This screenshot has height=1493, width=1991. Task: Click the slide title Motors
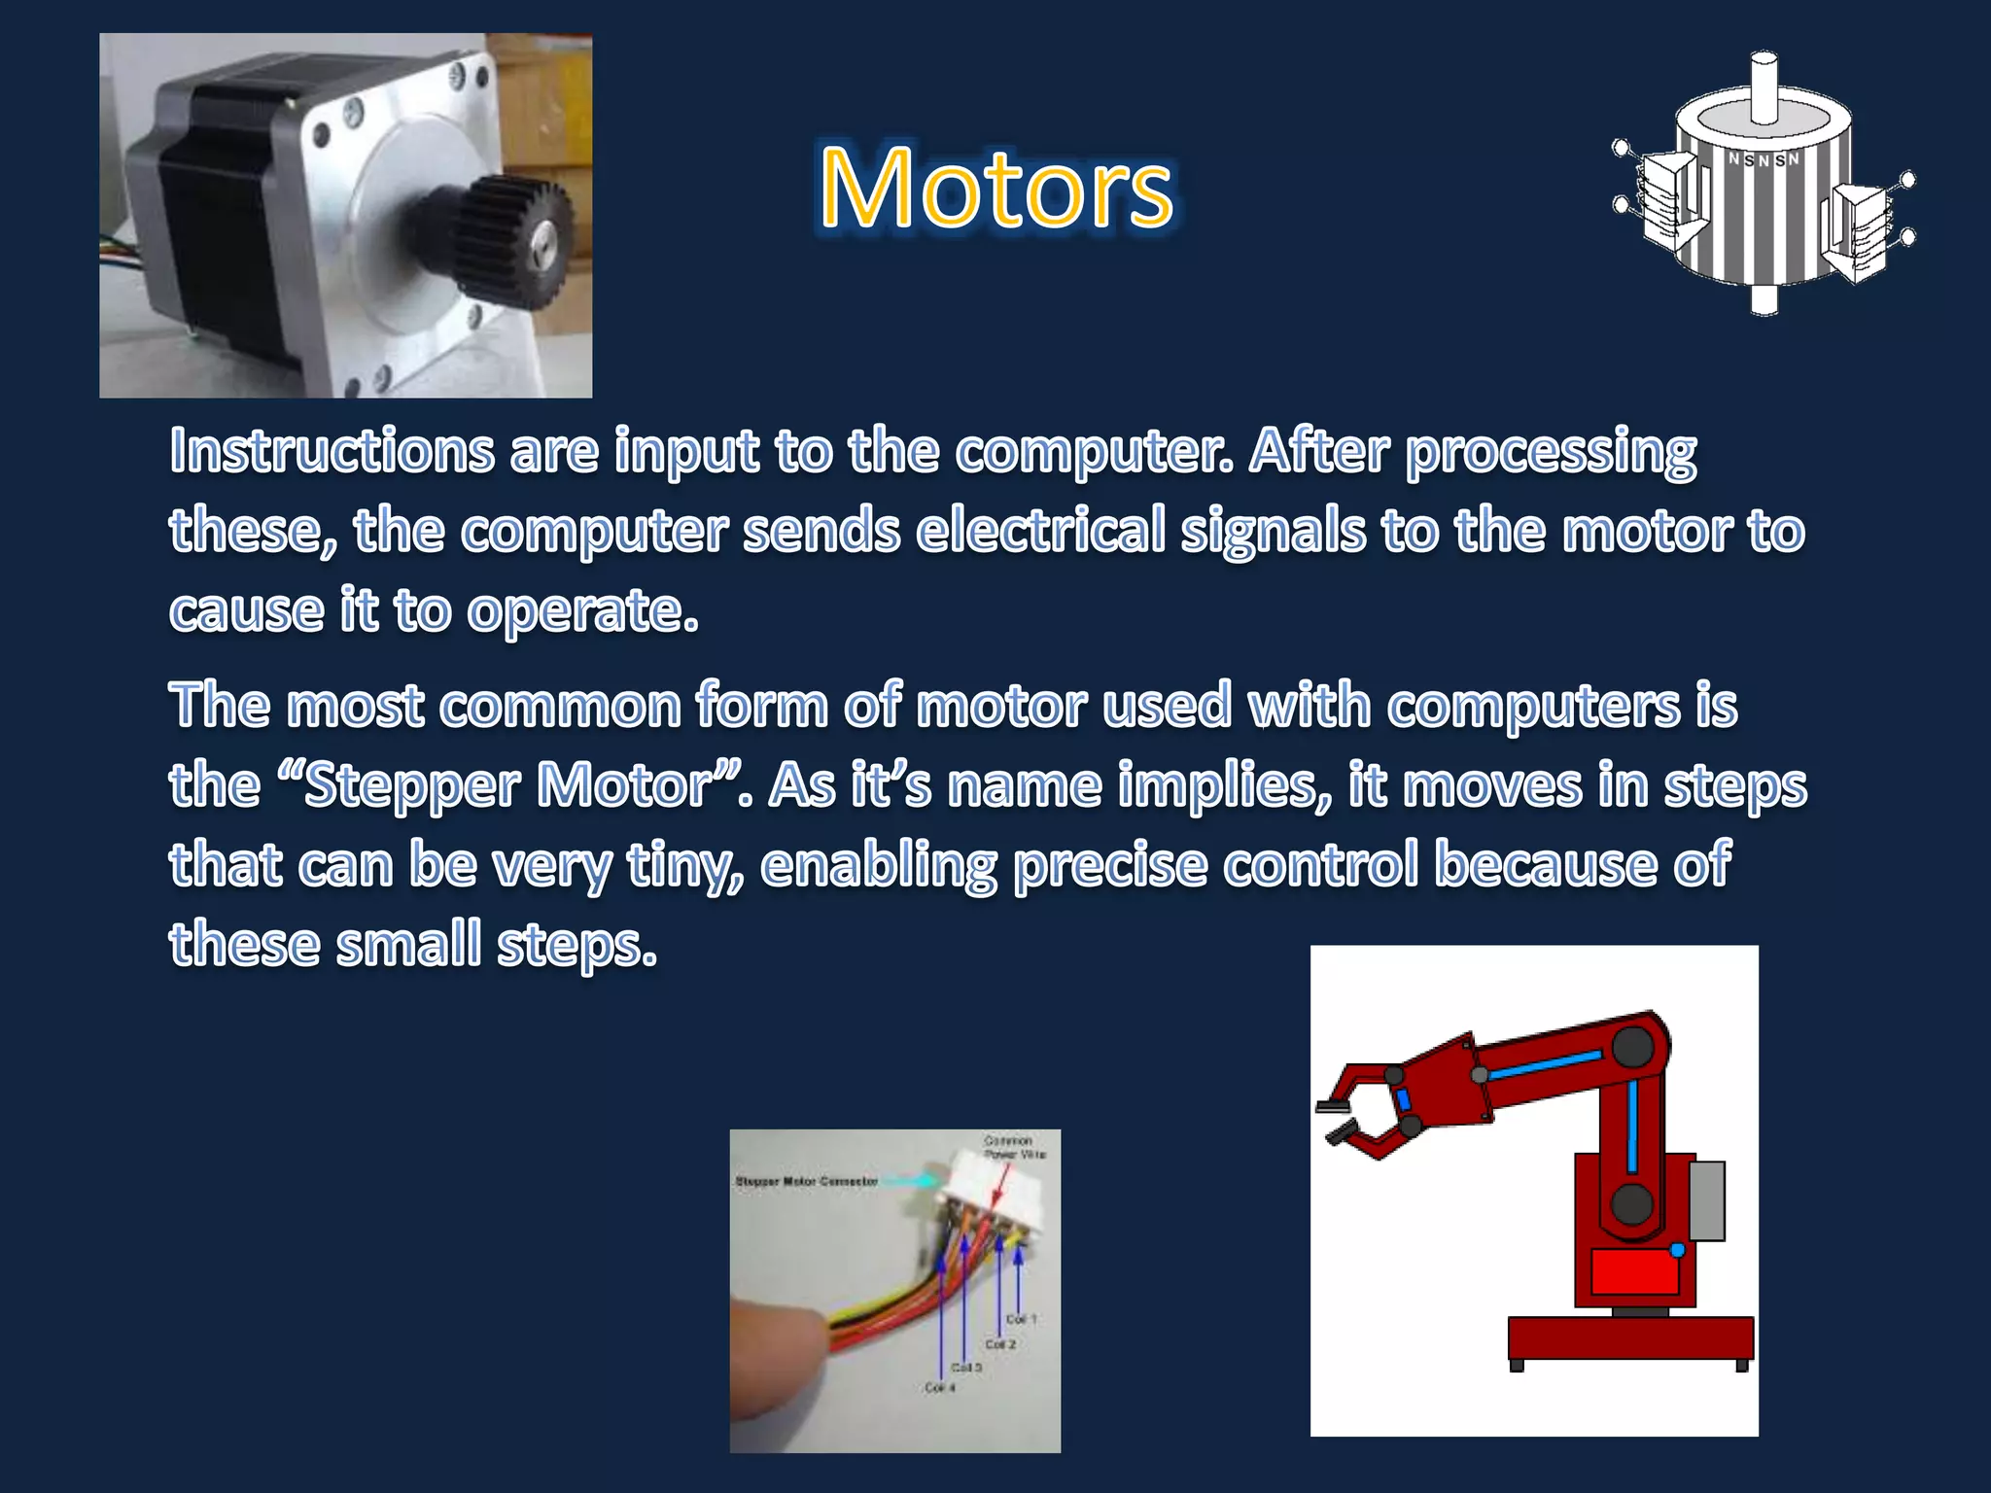(x=996, y=189)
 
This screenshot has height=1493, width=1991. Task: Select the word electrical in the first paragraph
(x=1040, y=532)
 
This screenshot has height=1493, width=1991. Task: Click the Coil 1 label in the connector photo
(x=1022, y=1319)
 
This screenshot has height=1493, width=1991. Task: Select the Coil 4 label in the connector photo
(x=940, y=1387)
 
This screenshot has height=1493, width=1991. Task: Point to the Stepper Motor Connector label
(x=806, y=1181)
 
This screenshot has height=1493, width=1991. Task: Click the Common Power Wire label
(x=1014, y=1147)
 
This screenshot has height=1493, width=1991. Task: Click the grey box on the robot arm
(x=1707, y=1200)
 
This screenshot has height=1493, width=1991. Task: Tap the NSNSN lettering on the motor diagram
(x=1764, y=159)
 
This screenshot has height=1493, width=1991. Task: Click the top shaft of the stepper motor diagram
(x=1764, y=87)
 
